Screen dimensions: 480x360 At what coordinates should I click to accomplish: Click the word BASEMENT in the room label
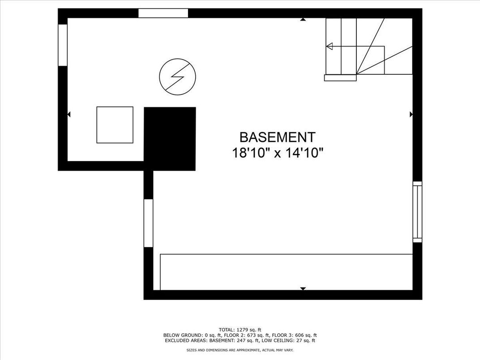[277, 137]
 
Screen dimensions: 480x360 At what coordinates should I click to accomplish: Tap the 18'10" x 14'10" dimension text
[278, 153]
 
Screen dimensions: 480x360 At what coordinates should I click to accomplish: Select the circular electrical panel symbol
[178, 77]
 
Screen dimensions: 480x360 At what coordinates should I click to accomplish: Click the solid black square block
[170, 139]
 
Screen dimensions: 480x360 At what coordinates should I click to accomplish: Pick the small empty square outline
[115, 125]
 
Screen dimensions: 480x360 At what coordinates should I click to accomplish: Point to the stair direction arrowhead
[330, 47]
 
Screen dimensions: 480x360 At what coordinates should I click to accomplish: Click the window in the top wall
[163, 13]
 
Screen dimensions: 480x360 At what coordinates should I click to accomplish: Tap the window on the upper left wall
[63, 45]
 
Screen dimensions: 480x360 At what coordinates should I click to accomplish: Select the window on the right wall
[418, 212]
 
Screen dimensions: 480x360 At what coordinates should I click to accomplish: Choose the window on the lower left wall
[148, 223]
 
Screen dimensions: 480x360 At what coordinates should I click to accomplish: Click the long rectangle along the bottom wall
[286, 272]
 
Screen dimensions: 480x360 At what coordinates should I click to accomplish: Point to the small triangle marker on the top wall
[303, 20]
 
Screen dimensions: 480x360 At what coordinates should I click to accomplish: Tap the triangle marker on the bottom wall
[303, 289]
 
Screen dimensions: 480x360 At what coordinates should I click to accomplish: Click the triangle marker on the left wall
[69, 115]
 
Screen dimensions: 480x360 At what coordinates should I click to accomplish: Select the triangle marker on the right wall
[411, 115]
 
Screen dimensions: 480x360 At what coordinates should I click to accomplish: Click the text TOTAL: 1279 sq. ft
[240, 330]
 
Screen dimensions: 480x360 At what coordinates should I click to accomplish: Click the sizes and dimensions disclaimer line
[240, 350]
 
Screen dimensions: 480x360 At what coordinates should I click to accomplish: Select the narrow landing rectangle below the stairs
[340, 78]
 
